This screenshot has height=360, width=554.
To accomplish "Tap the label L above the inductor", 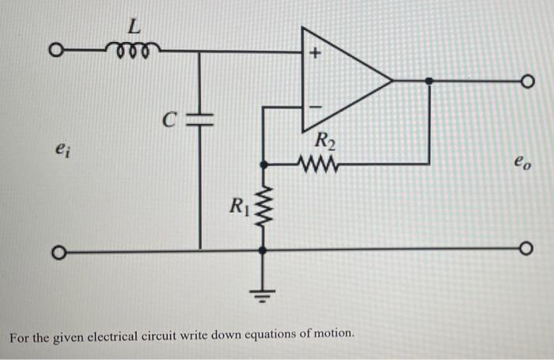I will coord(135,26).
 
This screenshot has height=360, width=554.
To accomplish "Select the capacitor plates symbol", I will coord(199,119).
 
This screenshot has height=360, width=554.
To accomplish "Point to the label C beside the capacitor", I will coord(168,121).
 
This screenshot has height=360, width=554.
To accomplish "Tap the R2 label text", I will coord(325,144).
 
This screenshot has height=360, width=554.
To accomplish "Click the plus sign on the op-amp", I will coord(313,55).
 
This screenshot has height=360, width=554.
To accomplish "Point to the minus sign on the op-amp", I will coord(313,104).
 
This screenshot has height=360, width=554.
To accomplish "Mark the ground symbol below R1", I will coord(263,295).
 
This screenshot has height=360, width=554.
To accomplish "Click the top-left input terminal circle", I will coord(56,53).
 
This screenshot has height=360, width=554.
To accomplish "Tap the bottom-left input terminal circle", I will coord(56,253).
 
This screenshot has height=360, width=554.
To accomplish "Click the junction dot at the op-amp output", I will coord(429,80).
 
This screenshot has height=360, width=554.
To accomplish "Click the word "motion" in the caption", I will coord(331,335).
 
